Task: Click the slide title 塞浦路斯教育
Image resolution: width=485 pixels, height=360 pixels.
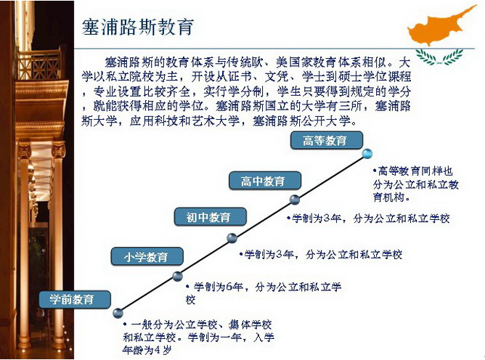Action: click(138, 27)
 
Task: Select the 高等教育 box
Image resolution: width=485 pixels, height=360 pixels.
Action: click(326, 140)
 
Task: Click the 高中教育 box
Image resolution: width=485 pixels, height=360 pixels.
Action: click(265, 181)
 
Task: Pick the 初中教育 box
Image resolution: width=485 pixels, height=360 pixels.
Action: click(211, 217)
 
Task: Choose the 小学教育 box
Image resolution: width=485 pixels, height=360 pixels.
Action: click(147, 256)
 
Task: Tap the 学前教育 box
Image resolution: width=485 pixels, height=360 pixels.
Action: click(75, 299)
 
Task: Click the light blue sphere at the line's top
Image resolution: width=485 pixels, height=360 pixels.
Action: click(367, 153)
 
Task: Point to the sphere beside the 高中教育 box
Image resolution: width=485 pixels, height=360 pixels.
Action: click(295, 200)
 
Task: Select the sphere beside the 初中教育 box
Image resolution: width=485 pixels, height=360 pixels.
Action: click(232, 238)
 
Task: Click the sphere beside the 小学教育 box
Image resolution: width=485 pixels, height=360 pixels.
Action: click(177, 276)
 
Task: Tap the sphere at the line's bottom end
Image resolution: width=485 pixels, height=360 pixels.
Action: click(118, 313)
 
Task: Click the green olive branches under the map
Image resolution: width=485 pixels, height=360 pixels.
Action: click(439, 57)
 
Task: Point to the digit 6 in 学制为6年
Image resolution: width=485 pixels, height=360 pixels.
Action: click(229, 287)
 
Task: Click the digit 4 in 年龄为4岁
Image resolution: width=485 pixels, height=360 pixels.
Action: click(158, 351)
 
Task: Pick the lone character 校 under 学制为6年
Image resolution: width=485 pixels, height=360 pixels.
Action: click(190, 300)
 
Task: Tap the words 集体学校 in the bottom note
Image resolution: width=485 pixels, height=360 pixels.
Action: click(250, 324)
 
